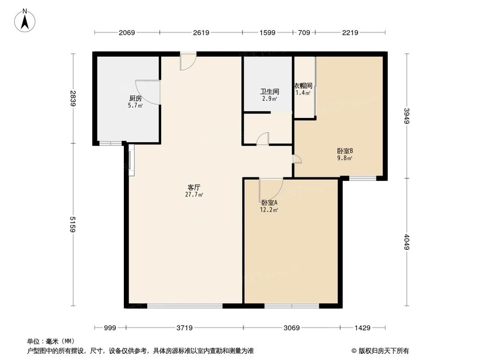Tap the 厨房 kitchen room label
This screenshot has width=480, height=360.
tap(135, 98)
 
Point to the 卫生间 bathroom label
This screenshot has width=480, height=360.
tap(269, 91)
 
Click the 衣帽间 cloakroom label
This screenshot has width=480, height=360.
tap(302, 86)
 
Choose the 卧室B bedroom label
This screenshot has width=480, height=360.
tap(345, 151)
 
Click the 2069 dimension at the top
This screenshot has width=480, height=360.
tap(127, 33)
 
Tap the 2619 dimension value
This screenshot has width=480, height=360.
tap(201, 33)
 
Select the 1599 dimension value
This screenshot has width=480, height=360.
tap(267, 33)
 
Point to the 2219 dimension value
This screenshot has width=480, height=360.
tap(350, 33)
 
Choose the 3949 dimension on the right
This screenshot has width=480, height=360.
tap(407, 116)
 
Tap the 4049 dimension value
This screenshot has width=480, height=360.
tap(407, 242)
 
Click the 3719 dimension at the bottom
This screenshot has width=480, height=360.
tap(184, 328)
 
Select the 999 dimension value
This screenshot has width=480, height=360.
tap(110, 328)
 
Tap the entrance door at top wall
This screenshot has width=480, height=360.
tap(188, 61)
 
